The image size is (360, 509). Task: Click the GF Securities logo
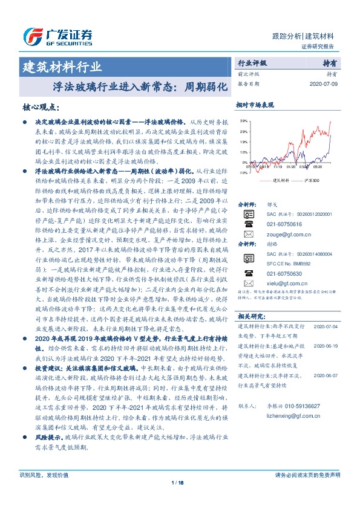coord(57,37)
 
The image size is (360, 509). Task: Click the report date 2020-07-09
coord(324,84)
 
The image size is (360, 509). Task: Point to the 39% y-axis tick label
coord(243,121)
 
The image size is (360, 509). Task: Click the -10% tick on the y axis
coord(243,173)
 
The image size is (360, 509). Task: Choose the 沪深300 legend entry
coord(308,180)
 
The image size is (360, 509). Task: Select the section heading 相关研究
coord(249,316)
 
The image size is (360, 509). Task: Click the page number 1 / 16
coord(179,482)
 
